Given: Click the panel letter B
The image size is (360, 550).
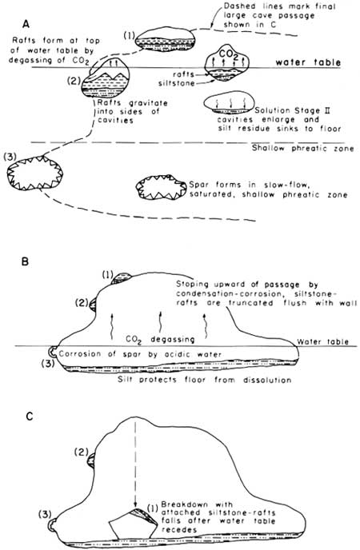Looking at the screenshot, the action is (25, 261).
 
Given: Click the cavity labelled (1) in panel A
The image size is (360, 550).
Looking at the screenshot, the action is (166, 39).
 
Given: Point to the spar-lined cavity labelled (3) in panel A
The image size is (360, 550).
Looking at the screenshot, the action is (34, 173).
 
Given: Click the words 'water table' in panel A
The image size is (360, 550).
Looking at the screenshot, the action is (308, 62).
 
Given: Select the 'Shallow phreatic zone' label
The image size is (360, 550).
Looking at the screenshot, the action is (303, 148).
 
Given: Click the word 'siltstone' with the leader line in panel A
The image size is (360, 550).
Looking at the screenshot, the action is (177, 83).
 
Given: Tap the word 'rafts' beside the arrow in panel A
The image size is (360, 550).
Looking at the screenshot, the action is (183, 74).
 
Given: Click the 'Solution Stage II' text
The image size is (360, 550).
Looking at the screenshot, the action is (292, 110).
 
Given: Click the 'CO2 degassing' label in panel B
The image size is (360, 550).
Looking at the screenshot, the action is (160, 340).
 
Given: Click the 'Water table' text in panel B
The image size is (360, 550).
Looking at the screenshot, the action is (323, 341).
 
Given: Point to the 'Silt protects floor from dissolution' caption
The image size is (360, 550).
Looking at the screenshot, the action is (204, 380).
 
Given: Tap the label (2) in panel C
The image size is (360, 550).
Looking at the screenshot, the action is (81, 452).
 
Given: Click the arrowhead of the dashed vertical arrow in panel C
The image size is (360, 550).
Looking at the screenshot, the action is (135, 506).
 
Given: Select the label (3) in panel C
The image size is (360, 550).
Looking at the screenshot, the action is (46, 514).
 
